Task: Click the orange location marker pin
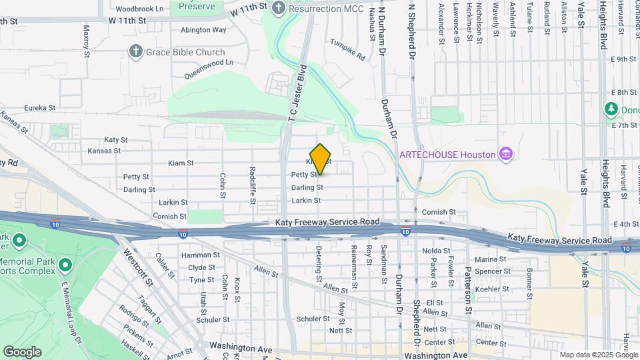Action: [x=321, y=159]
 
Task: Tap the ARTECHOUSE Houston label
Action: [x=447, y=155]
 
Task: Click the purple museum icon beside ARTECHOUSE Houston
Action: [x=507, y=155]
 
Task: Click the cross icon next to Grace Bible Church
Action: [x=136, y=52]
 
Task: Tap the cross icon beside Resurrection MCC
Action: [x=279, y=8]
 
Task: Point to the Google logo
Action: [x=22, y=351]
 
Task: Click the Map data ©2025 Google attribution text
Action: [x=598, y=355]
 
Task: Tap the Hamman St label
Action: [x=204, y=255]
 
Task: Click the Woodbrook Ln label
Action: [x=139, y=9]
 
